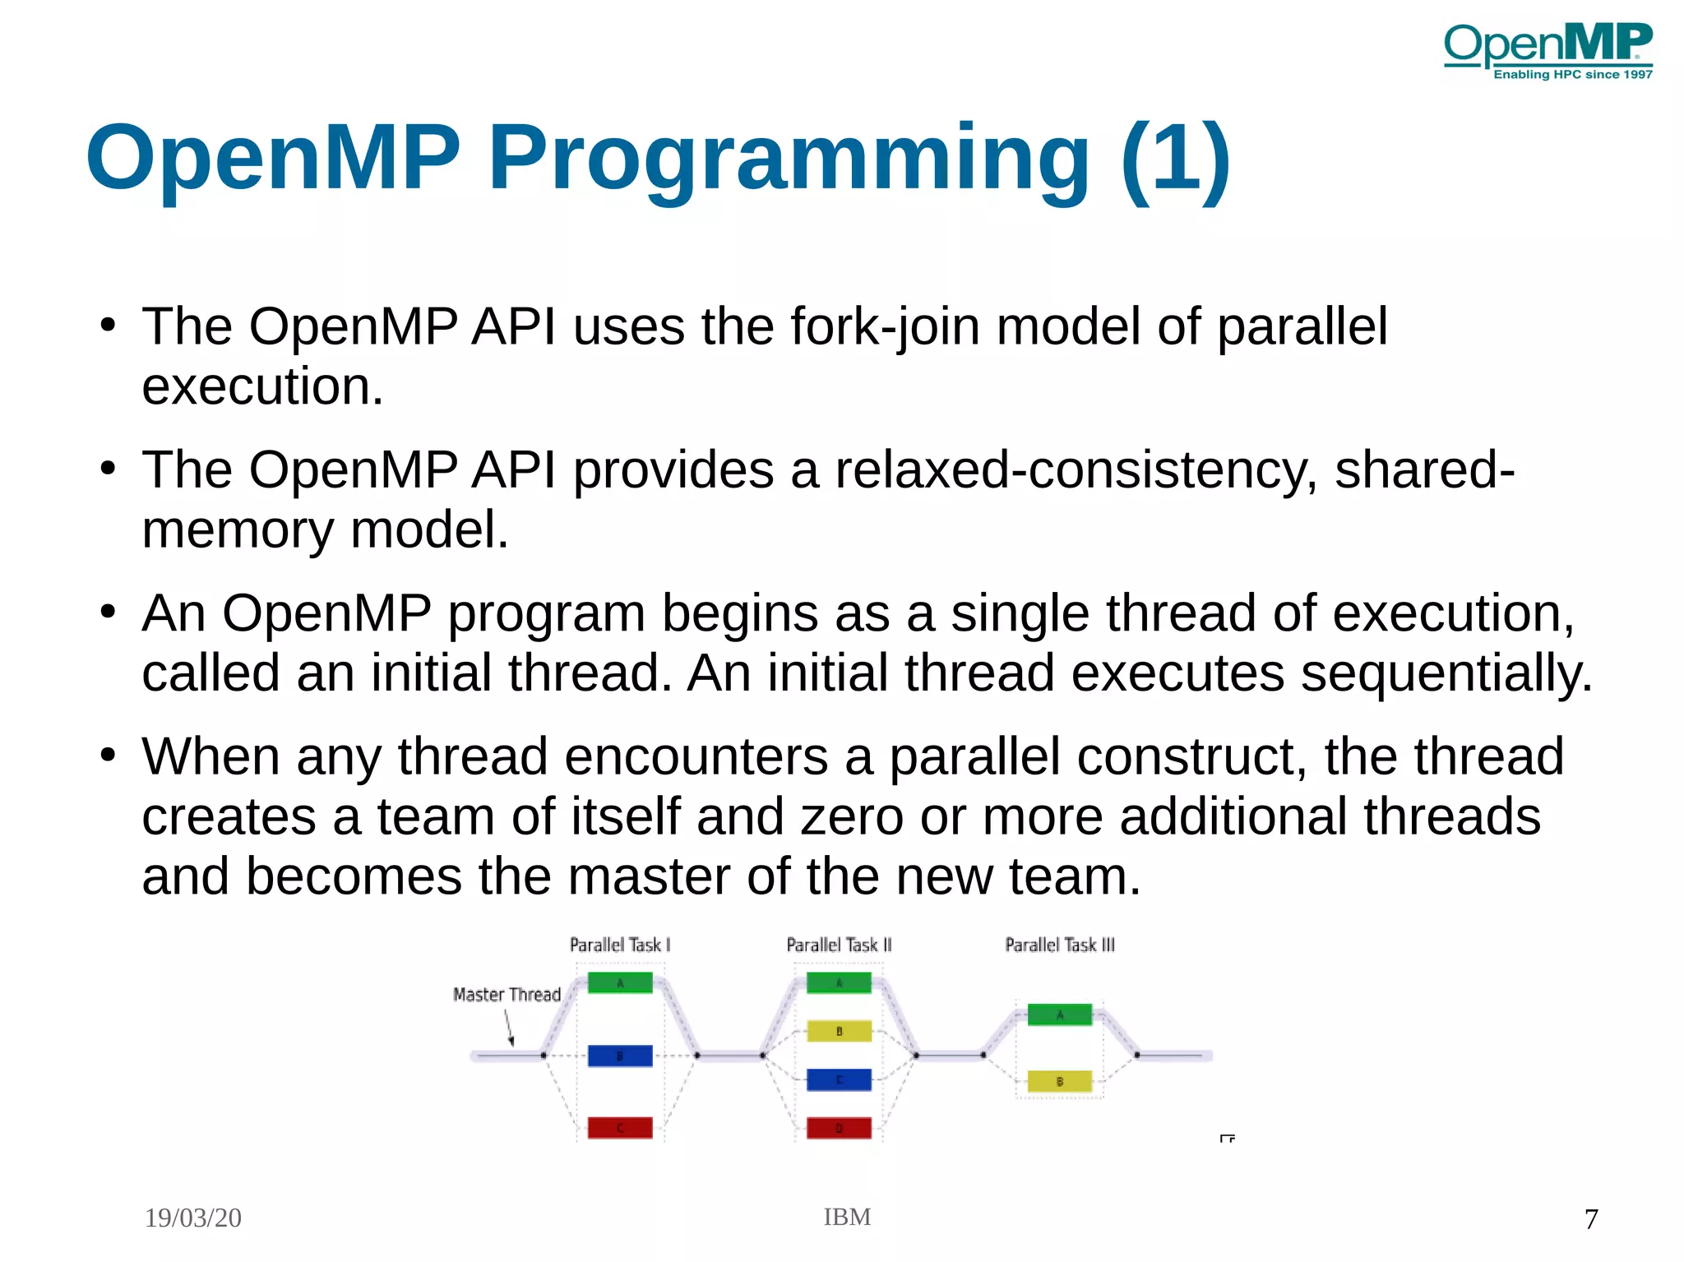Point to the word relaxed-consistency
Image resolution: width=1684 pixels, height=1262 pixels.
click(1068, 470)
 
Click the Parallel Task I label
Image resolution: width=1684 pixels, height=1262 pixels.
click(620, 945)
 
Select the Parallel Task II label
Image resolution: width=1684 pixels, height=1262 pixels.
click(839, 945)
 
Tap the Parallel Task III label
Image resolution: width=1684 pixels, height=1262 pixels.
click(1060, 945)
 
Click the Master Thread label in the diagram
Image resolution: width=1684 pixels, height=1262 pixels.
click(507, 995)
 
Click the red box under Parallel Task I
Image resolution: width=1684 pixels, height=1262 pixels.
click(620, 1128)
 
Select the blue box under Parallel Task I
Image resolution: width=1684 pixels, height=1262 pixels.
click(620, 1056)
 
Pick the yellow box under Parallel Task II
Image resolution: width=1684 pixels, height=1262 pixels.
click(839, 1031)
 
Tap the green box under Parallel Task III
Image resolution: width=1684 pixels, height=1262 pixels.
click(1060, 1015)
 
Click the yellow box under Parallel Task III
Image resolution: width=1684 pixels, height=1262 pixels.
click(1060, 1081)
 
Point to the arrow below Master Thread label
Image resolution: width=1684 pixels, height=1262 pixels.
click(509, 1028)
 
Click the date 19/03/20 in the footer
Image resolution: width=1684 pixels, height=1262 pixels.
click(193, 1218)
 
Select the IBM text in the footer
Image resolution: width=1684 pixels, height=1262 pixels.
click(847, 1217)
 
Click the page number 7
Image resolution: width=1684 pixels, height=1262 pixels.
click(1591, 1218)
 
